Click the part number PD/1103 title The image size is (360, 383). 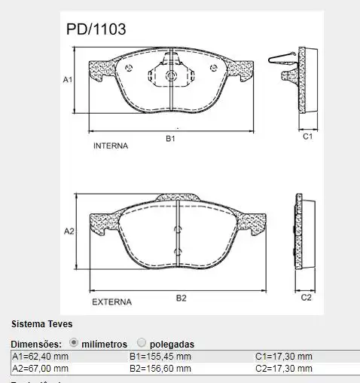point(96,29)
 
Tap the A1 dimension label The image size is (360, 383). point(67,78)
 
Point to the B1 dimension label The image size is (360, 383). point(171,139)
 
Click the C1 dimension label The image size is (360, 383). point(307,137)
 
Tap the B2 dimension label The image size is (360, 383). point(181,298)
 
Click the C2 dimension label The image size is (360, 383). point(306,298)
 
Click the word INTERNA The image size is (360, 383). point(111,144)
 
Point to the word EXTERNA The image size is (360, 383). point(111,302)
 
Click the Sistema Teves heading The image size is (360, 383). point(41,324)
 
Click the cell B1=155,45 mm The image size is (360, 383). point(160,356)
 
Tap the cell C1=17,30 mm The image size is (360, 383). point(283,356)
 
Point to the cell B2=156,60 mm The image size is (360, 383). point(160,368)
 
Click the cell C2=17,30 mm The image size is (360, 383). point(283,368)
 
